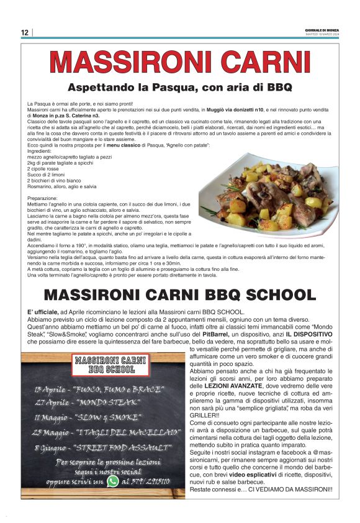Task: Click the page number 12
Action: click(x=24, y=32)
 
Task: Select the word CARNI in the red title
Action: click(x=266, y=62)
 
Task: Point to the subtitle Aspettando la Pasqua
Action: click(x=180, y=88)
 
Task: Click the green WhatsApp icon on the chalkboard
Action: click(x=113, y=480)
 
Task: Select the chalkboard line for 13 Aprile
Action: click(x=99, y=389)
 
